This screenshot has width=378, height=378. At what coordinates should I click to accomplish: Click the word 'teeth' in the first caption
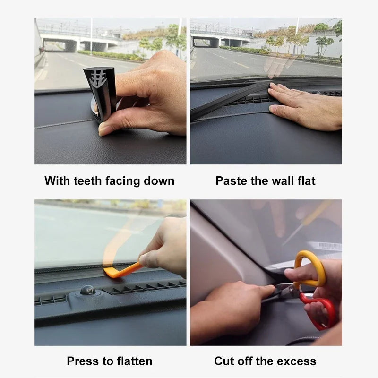pyautogui.click(x=87, y=181)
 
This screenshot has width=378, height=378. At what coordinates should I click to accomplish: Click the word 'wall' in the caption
pyautogui.click(x=282, y=181)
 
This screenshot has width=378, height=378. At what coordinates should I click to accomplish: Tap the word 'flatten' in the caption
pyautogui.click(x=133, y=361)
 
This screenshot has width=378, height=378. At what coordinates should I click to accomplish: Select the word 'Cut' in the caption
pyautogui.click(x=224, y=361)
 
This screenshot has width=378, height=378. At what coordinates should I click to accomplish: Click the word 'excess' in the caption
pyautogui.click(x=296, y=361)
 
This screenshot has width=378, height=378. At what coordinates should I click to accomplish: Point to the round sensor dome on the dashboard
pyautogui.click(x=87, y=290)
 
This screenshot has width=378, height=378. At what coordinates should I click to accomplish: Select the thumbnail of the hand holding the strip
pyautogui.click(x=110, y=91)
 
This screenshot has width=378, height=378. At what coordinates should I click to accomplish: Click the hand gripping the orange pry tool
pyautogui.click(x=165, y=248)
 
